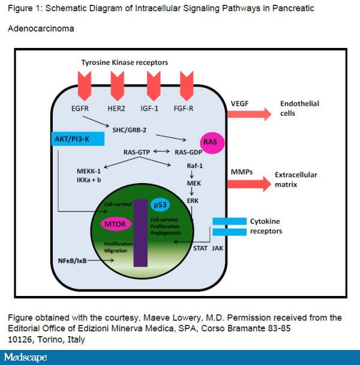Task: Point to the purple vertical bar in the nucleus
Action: (x=140, y=232)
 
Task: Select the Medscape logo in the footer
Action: (x=26, y=357)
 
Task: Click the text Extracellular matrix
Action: (x=296, y=179)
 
